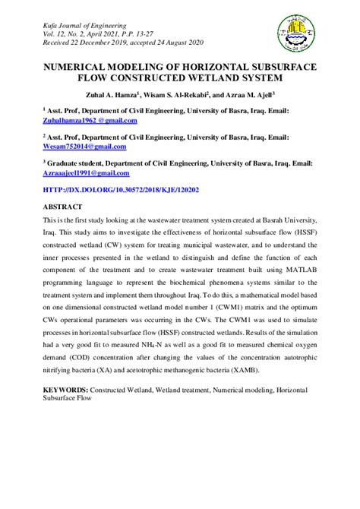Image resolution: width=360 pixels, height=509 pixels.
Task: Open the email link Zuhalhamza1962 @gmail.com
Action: [x=90, y=120]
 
